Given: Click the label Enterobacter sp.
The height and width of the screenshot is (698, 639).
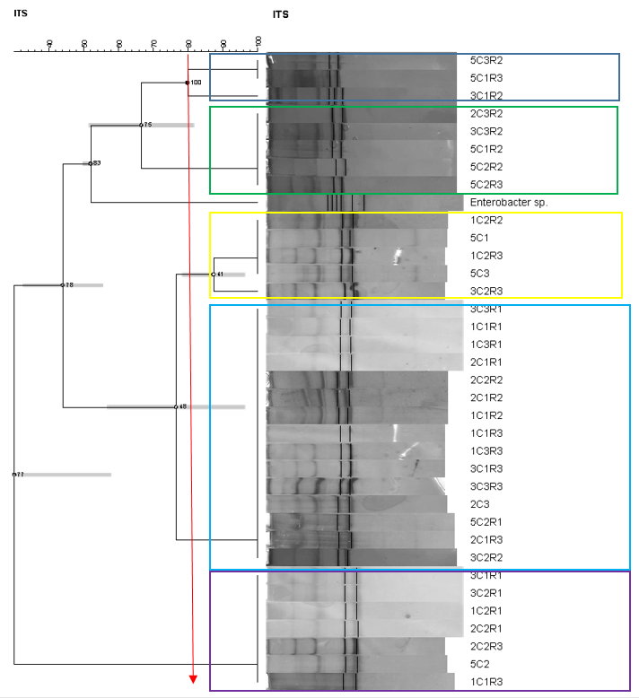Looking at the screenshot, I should click(508, 203).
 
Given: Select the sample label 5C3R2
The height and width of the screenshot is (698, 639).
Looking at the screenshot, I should click(486, 60).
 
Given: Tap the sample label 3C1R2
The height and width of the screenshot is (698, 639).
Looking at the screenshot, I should click(486, 95).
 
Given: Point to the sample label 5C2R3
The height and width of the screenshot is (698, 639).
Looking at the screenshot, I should click(486, 184).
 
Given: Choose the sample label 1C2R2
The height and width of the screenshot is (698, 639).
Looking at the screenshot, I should click(486, 220).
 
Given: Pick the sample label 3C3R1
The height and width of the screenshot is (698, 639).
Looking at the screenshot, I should click(486, 310).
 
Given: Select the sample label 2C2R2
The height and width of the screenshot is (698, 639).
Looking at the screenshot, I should click(486, 380).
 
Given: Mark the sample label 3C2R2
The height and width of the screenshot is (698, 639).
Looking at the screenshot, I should click(486, 557).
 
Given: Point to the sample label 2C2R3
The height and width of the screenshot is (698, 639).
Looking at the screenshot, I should click(486, 646).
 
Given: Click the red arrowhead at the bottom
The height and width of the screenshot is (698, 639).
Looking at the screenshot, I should click(193, 678).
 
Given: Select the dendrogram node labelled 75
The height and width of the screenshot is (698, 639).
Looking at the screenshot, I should click(141, 125).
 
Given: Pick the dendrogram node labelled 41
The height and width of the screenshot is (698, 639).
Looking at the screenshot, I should click(213, 274).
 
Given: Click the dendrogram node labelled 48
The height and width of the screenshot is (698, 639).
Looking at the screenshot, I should click(176, 407).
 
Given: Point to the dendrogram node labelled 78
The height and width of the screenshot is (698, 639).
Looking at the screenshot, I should click(62, 285).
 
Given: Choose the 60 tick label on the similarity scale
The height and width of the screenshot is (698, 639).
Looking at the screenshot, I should click(118, 43).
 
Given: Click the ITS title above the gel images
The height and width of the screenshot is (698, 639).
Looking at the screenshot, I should click(280, 14).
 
